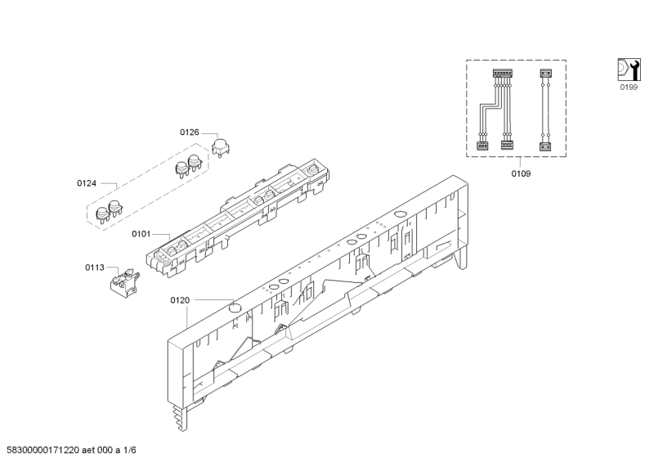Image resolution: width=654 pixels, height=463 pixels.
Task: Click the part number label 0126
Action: tap(190, 132)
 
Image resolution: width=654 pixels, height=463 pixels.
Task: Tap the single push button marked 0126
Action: tap(220, 147)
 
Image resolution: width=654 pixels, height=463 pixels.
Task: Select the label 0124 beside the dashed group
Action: tap(87, 183)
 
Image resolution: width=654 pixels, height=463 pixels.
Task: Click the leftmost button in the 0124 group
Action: tap(103, 214)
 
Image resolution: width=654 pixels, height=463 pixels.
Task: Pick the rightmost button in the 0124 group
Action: tap(195, 161)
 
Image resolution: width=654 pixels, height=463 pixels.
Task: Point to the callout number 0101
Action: tap(141, 234)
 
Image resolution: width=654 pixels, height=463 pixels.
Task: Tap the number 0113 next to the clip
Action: tap(95, 267)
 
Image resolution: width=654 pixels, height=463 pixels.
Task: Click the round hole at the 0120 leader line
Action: tap(235, 309)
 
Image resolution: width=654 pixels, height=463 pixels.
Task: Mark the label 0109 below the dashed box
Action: tap(521, 174)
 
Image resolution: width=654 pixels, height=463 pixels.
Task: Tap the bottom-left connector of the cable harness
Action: tap(482, 145)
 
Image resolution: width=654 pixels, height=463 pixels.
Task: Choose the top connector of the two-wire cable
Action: tap(546, 74)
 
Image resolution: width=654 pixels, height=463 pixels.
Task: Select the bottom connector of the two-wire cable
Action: tap(546, 145)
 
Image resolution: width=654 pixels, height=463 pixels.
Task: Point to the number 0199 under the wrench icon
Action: tap(628, 87)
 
